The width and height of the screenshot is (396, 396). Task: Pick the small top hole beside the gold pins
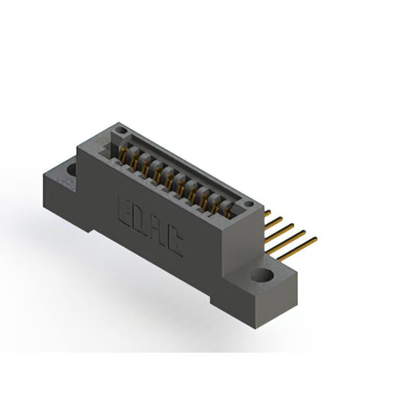[249, 205]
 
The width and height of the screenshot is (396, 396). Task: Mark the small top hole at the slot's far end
[122, 131]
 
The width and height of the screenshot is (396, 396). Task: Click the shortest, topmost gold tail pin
[269, 213]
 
